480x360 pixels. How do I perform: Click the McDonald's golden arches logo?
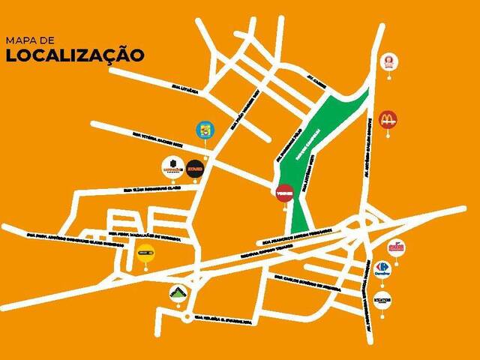click(x=388, y=118)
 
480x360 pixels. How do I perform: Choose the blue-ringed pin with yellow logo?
click(x=203, y=130)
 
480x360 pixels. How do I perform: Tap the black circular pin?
click(x=194, y=166)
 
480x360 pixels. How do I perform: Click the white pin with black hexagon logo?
click(x=172, y=166)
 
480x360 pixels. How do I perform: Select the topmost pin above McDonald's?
click(x=389, y=61)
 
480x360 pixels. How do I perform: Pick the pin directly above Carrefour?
click(x=395, y=248)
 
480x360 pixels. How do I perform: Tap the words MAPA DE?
click(x=28, y=38)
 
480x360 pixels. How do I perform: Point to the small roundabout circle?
click(x=185, y=318)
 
